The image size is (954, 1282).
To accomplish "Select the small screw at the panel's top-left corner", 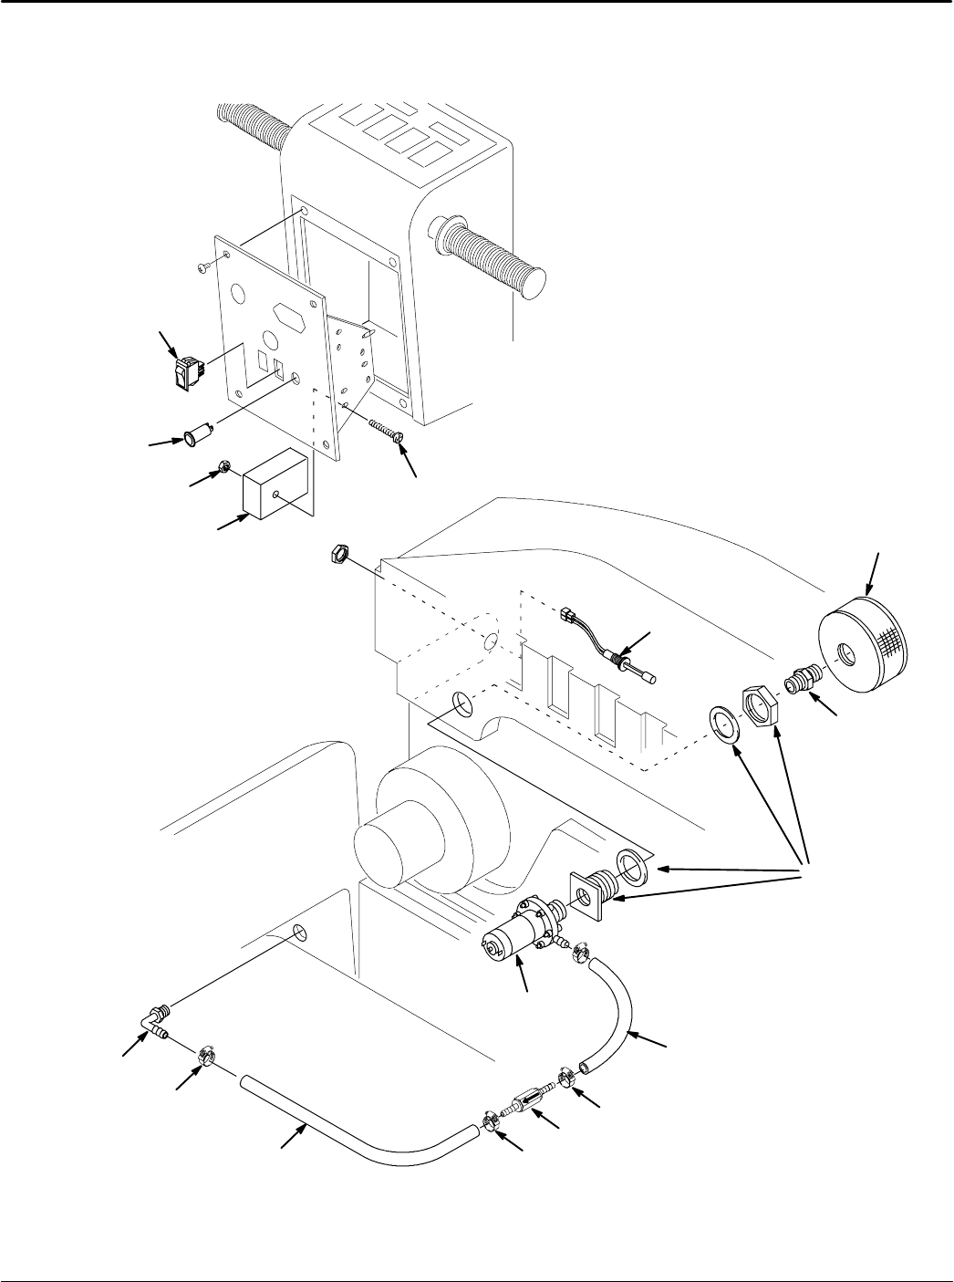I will [202, 266].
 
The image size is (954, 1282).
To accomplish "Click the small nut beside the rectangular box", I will [222, 471].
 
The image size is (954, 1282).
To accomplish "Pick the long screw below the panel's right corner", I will [387, 431].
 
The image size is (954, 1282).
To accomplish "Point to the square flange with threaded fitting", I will [592, 891].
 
